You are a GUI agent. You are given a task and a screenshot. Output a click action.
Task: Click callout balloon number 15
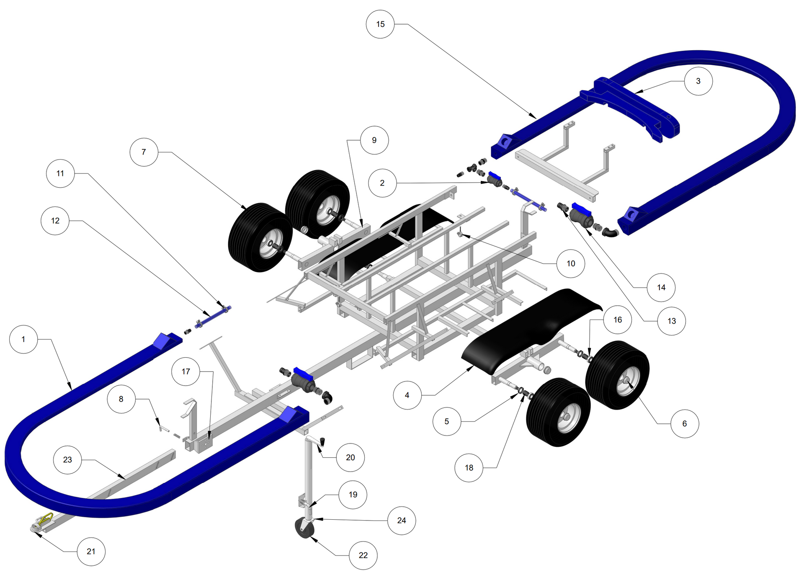point(380,24)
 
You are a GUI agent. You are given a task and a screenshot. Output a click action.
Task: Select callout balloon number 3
point(698,81)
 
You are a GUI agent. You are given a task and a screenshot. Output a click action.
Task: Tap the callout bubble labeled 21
point(91,552)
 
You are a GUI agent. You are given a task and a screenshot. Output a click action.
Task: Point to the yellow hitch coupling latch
point(45,520)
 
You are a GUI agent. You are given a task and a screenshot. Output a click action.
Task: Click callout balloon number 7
point(144,152)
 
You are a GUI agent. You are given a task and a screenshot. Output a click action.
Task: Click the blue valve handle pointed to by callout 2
point(494,175)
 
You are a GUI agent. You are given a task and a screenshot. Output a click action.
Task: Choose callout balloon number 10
point(570,263)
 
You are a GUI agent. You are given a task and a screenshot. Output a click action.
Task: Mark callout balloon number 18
point(469,468)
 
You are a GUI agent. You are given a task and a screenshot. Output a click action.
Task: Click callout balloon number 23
point(67,460)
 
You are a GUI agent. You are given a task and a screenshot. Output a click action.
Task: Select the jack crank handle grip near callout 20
point(323,441)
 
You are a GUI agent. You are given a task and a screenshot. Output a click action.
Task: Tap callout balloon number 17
point(186,371)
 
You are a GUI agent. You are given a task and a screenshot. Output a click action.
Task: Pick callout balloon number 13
point(671,321)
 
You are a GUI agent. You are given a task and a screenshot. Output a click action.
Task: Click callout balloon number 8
point(121,399)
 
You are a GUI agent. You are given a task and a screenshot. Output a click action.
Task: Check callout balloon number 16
point(617,320)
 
